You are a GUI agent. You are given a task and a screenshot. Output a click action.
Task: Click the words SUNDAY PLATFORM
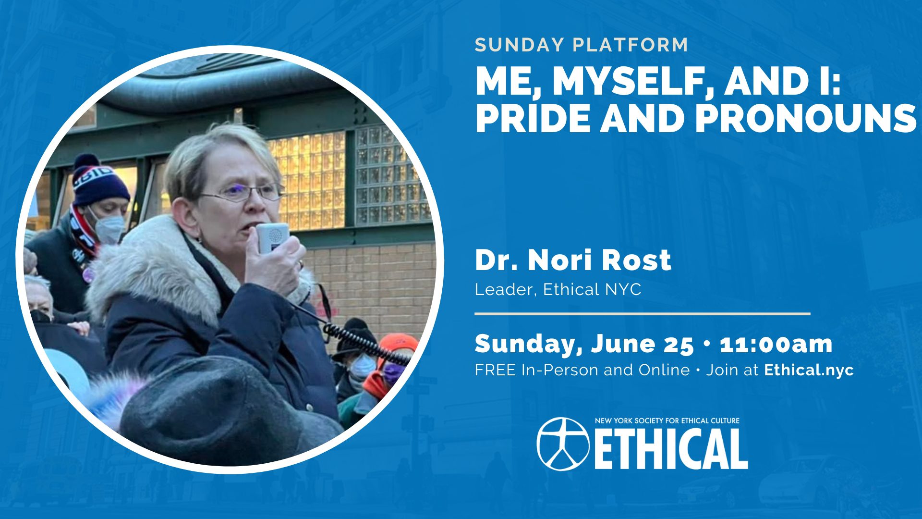click(581, 45)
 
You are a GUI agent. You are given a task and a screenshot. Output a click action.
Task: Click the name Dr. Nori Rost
click(573, 260)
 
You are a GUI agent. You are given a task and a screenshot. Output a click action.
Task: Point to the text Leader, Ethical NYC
click(558, 289)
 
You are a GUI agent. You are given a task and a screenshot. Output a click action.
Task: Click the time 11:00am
click(776, 344)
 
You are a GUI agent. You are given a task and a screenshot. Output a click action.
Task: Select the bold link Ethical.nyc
click(809, 370)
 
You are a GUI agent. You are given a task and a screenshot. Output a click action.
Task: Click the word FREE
click(496, 370)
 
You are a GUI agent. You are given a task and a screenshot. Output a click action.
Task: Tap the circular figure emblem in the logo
click(563, 444)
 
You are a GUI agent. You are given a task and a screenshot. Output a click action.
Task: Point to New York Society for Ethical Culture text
click(667, 420)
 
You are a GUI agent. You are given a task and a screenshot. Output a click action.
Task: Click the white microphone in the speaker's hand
click(271, 237)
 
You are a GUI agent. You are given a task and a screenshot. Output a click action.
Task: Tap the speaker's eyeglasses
click(243, 193)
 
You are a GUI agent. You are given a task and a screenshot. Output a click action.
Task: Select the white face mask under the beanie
click(108, 227)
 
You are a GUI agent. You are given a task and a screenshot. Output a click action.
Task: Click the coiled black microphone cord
click(365, 343)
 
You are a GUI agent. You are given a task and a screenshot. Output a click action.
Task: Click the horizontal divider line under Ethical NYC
click(643, 314)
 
